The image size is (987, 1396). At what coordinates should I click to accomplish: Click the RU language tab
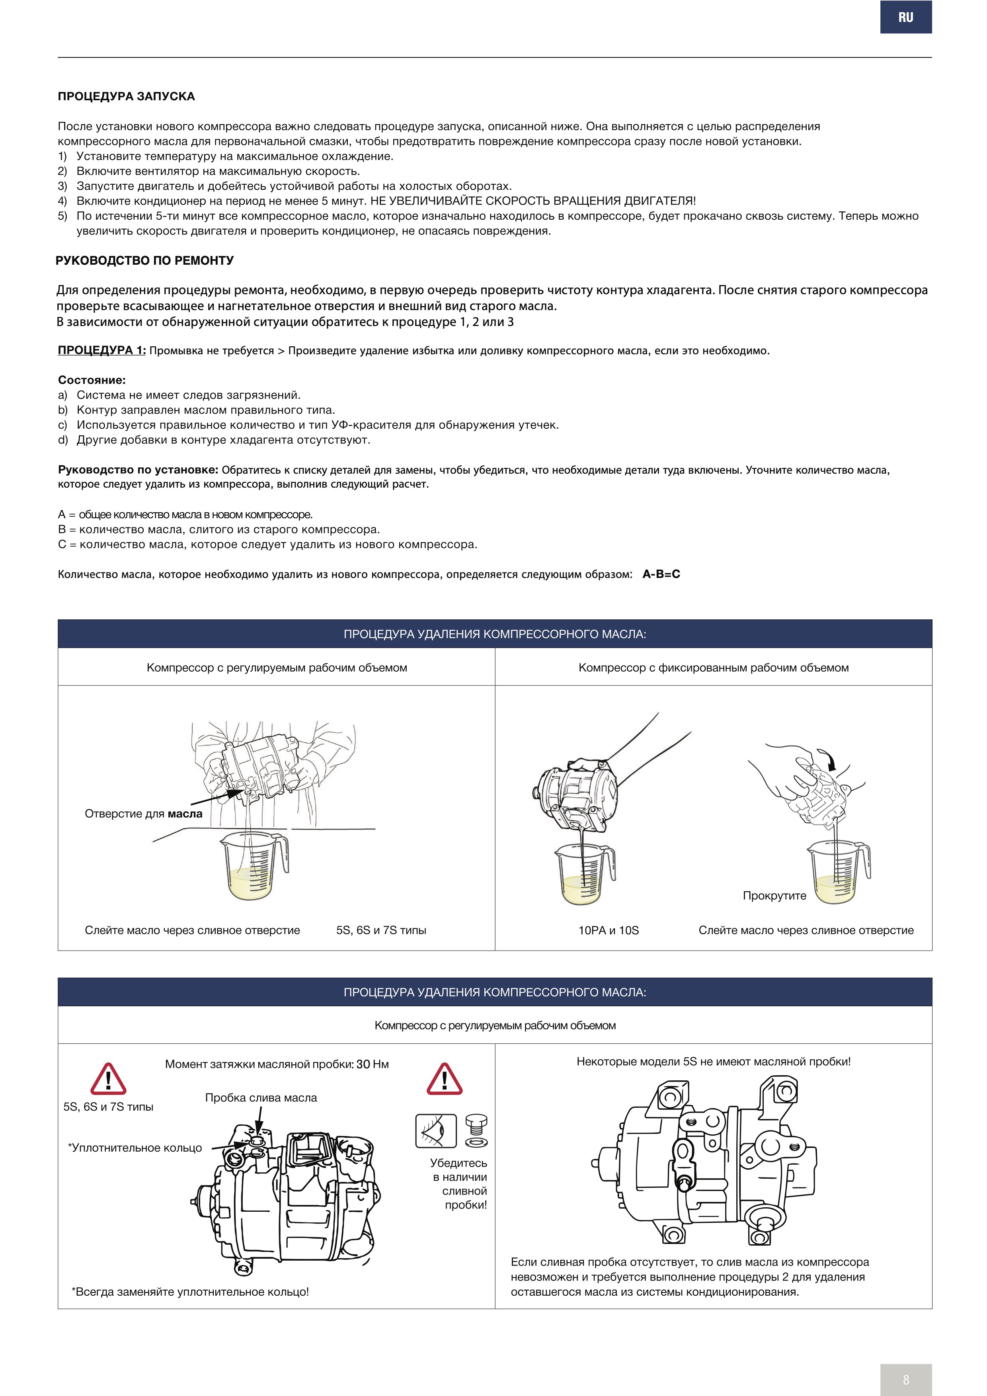click(905, 18)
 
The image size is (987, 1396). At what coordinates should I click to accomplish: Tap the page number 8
click(905, 1379)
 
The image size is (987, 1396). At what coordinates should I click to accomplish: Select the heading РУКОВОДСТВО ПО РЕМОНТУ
click(144, 261)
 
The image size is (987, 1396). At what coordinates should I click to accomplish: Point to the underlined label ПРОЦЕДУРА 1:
click(101, 350)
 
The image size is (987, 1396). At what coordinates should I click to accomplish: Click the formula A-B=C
click(661, 574)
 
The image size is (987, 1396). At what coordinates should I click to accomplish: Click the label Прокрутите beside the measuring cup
click(774, 896)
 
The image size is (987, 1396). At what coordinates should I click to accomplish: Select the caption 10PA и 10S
click(609, 930)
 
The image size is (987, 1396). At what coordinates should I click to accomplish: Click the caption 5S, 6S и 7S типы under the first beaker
click(381, 930)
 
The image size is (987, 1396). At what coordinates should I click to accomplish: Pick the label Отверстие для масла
click(143, 814)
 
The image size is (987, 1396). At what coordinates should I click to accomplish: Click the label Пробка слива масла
click(261, 1097)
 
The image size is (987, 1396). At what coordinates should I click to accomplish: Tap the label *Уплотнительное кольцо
click(135, 1147)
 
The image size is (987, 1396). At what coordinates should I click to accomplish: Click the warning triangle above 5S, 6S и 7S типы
click(108, 1079)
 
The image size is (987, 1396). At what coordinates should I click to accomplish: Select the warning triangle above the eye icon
click(444, 1079)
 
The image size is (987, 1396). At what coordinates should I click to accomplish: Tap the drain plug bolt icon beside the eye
click(476, 1130)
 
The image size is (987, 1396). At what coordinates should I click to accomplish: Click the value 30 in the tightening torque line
click(363, 1064)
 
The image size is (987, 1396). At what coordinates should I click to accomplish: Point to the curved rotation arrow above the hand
click(828, 759)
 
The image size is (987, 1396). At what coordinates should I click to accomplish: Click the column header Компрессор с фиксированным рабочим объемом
click(714, 668)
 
